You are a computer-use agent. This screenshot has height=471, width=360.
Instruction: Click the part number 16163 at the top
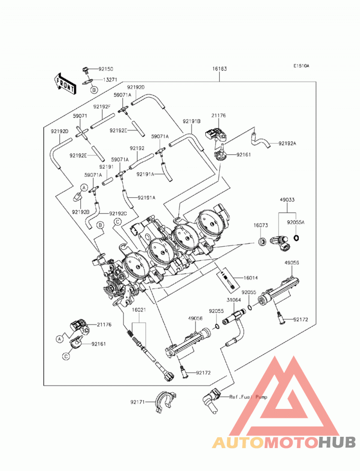point(219,69)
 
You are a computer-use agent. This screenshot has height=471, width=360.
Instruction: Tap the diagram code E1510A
point(301,66)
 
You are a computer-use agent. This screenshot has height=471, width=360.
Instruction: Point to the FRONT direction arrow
point(65,84)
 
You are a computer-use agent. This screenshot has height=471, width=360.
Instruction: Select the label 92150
point(106,69)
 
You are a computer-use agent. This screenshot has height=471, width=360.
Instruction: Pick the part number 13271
point(111,80)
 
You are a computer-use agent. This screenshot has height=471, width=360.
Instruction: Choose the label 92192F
point(102,107)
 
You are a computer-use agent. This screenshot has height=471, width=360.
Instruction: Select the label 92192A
point(287,144)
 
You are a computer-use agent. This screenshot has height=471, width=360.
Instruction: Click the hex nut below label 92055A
point(296,238)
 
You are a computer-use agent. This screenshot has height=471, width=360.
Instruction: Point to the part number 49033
point(287,200)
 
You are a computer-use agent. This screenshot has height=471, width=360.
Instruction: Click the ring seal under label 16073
point(262,241)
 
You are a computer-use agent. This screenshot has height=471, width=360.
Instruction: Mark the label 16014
point(250,278)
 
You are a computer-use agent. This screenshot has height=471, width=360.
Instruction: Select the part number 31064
point(234,300)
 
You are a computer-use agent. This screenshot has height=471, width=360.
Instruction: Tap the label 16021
point(139,310)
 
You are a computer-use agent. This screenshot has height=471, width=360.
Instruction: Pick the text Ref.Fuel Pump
point(248,397)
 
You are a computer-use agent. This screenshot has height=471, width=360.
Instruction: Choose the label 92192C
point(118,214)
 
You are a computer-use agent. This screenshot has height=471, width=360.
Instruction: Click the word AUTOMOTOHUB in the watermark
point(284,442)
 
